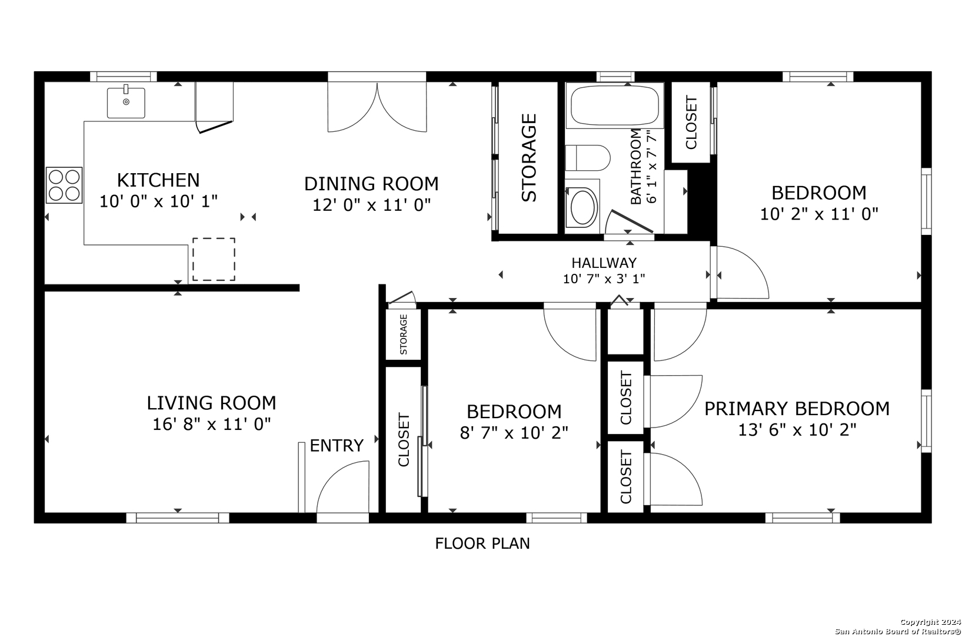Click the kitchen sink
(126, 102)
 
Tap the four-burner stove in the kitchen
(64, 185)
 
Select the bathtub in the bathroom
(615, 106)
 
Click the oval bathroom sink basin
(582, 207)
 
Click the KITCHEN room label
(158, 180)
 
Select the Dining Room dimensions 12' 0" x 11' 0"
(371, 205)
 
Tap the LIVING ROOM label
(211, 403)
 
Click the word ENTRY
(337, 446)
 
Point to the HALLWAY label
(604, 263)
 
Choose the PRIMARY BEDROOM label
(797, 409)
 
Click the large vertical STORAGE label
(529, 158)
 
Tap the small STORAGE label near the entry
(403, 334)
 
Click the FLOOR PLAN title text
(482, 544)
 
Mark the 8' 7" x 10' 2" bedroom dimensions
(514, 433)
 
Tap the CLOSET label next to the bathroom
(691, 122)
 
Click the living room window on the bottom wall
(178, 518)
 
